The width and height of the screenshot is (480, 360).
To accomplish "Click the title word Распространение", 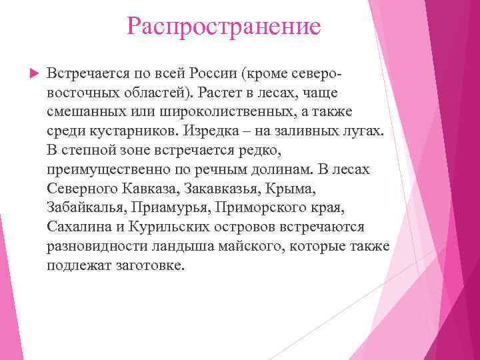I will coord(224,27).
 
